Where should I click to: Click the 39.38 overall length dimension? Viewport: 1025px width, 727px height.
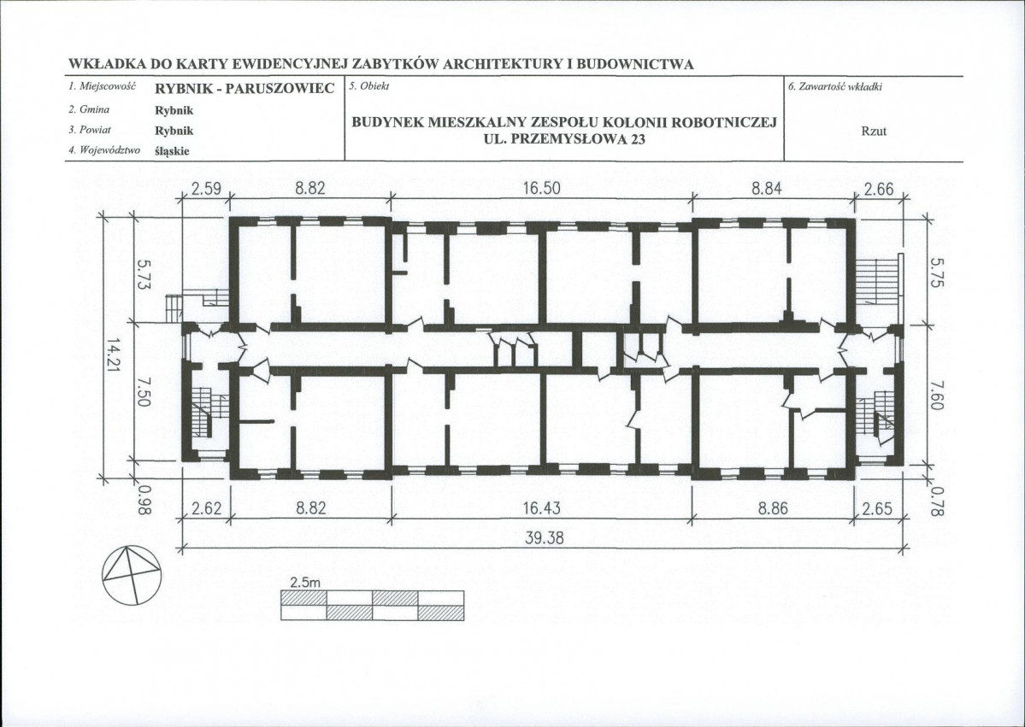[545, 537]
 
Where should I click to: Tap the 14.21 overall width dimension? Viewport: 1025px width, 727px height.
[114, 356]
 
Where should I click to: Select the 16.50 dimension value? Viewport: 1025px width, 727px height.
[542, 189]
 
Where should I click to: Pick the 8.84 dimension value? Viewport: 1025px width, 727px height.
[766, 189]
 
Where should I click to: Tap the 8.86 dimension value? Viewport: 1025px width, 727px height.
[773, 507]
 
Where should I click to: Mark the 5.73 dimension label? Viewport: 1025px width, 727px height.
[144, 275]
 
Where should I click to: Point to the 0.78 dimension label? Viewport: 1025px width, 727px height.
[937, 501]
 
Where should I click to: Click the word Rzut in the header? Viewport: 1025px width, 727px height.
[874, 131]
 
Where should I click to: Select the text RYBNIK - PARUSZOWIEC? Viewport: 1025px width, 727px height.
[244, 88]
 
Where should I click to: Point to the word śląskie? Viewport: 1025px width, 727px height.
[172, 151]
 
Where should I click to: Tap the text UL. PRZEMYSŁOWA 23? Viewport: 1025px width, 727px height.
[564, 138]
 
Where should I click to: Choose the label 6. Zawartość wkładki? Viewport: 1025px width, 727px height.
[835, 87]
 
